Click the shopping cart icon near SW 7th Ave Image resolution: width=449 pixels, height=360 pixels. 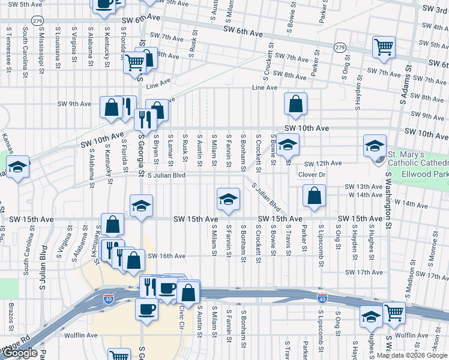pyautogui.click(x=384, y=46)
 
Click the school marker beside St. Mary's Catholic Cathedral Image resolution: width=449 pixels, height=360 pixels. pyautogui.click(x=375, y=145)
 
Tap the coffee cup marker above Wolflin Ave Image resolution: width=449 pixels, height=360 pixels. pyautogui.click(x=146, y=310)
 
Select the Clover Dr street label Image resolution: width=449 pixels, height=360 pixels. pyautogui.click(x=311, y=175)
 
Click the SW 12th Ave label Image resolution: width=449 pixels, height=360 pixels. pyautogui.click(x=322, y=163)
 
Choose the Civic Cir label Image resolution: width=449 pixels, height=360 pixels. pyautogui.click(x=181, y=313)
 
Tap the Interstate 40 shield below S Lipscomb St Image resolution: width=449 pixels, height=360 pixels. pyautogui.click(x=322, y=298)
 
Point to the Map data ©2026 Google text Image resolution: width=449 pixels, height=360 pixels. pyautogui.click(x=412, y=355)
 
